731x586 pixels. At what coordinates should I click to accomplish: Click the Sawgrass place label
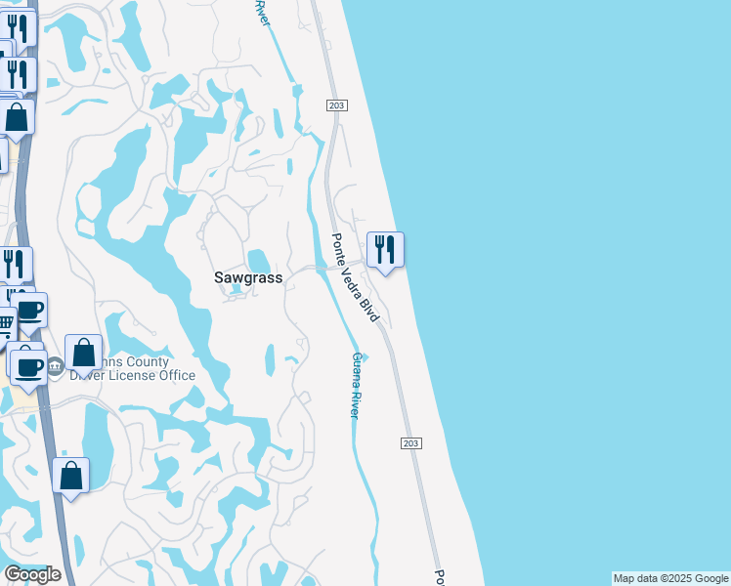point(248,277)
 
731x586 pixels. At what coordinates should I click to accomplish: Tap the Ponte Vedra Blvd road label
point(353,278)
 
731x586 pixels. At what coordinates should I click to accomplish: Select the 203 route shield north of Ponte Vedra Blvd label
point(336,105)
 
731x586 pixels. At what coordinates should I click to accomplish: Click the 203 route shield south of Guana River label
point(410,443)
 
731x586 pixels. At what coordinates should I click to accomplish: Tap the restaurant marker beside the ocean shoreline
point(385,249)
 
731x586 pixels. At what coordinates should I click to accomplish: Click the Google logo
point(32,574)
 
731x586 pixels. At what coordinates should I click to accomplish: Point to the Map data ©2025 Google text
point(669,578)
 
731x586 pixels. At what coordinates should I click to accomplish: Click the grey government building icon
point(55,367)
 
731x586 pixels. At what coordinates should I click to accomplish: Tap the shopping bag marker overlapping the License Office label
point(84,353)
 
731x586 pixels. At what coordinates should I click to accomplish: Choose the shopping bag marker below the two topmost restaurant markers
point(17,118)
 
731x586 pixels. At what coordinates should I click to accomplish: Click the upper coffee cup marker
point(30,311)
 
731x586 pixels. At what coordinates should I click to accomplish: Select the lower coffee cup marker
point(26,366)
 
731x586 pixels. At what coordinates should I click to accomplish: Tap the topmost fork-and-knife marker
point(20,27)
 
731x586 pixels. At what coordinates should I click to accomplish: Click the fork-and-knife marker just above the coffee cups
point(15,264)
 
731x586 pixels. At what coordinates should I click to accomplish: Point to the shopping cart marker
point(6,323)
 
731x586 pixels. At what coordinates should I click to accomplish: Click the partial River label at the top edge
point(261,14)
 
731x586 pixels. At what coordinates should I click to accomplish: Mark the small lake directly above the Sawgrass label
point(259,261)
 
